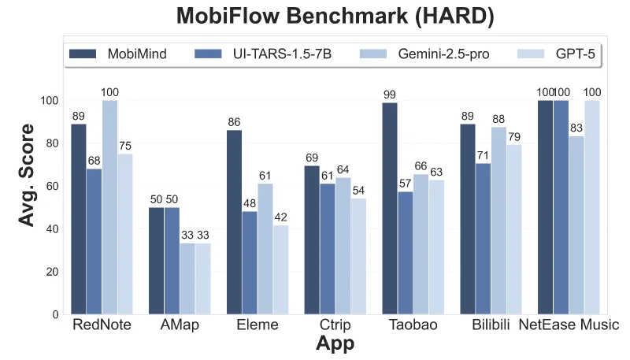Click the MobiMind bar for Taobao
point(390,209)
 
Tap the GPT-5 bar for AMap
point(203,279)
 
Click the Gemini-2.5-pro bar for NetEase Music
point(576,225)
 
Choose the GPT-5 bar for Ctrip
point(358,256)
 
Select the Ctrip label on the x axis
point(335,325)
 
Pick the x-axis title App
point(334,344)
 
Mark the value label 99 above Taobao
point(390,95)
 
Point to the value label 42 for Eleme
point(280,217)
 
